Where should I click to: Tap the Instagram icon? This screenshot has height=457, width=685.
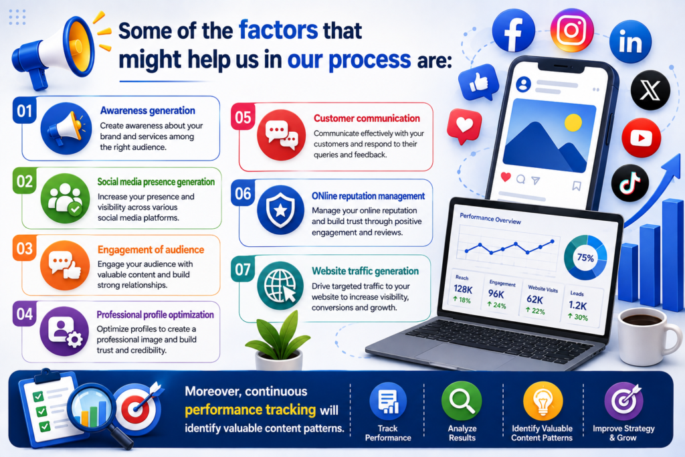[572, 30]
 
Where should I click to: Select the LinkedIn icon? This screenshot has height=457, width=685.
[630, 42]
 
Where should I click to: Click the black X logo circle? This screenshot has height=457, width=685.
[650, 90]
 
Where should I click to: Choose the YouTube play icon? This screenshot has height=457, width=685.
[642, 138]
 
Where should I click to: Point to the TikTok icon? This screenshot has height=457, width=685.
[629, 183]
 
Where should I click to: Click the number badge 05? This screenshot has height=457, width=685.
[243, 117]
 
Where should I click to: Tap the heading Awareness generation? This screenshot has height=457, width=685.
[148, 110]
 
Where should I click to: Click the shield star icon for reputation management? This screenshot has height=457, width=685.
[280, 209]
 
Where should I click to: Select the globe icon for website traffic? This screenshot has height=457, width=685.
[280, 285]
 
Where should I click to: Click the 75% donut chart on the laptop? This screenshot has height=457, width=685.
[585, 258]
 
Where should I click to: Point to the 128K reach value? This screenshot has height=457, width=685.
[463, 289]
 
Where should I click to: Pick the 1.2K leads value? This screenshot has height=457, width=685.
[577, 305]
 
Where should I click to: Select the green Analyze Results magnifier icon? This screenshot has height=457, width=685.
[462, 401]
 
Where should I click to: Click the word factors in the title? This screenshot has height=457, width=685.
[278, 30]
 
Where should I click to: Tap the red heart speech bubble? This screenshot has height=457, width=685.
[464, 126]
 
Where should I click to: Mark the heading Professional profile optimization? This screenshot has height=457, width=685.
[155, 314]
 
